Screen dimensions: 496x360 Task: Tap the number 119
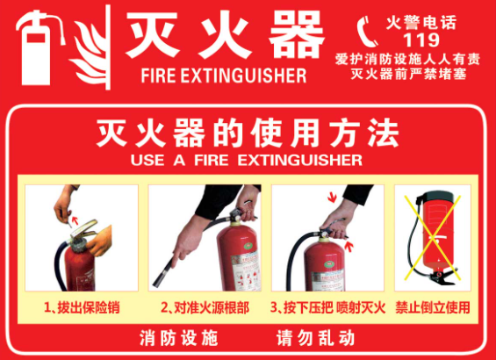click(x=421, y=40)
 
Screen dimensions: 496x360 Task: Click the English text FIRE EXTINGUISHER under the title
click(x=224, y=76)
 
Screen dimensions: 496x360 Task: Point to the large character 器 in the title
click(x=297, y=34)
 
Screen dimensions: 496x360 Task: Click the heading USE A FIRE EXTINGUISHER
click(x=247, y=160)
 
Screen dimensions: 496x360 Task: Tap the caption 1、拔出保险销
click(x=82, y=307)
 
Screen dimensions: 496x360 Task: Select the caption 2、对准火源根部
click(x=205, y=307)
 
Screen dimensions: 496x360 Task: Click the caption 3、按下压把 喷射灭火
click(x=327, y=307)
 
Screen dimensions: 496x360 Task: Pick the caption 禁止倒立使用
click(x=433, y=307)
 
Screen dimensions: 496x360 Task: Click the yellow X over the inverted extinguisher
click(x=432, y=237)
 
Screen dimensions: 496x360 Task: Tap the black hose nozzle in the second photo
click(x=164, y=273)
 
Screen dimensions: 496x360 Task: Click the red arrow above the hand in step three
click(x=332, y=198)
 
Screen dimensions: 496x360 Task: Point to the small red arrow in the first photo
click(x=75, y=220)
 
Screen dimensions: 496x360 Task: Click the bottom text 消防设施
click(x=179, y=338)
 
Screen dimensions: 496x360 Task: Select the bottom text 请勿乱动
click(x=316, y=338)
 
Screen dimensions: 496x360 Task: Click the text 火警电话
click(x=421, y=23)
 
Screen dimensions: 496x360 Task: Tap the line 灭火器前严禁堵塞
click(x=409, y=74)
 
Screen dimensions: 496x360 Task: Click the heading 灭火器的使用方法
click(x=248, y=133)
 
